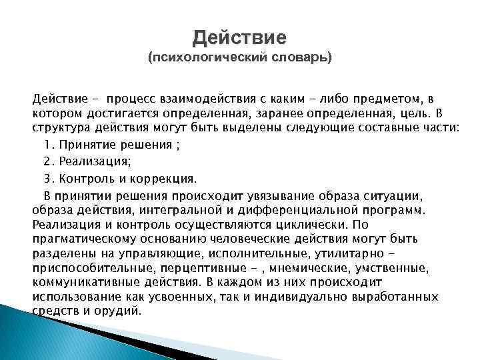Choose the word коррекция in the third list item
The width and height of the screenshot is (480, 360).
point(169,179)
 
